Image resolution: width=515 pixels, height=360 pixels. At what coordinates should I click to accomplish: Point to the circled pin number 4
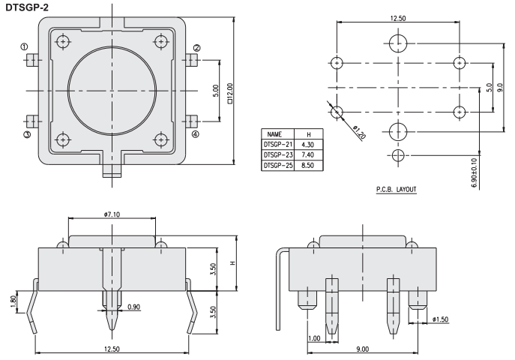tap(196, 135)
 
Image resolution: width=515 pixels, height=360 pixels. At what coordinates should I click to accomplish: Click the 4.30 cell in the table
tap(307, 142)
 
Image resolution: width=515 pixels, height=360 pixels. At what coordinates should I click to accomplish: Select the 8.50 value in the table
tap(307, 164)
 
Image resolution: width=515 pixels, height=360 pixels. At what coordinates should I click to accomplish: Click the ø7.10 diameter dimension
tap(112, 215)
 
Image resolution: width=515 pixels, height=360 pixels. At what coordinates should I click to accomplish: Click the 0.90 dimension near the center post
tap(134, 306)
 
